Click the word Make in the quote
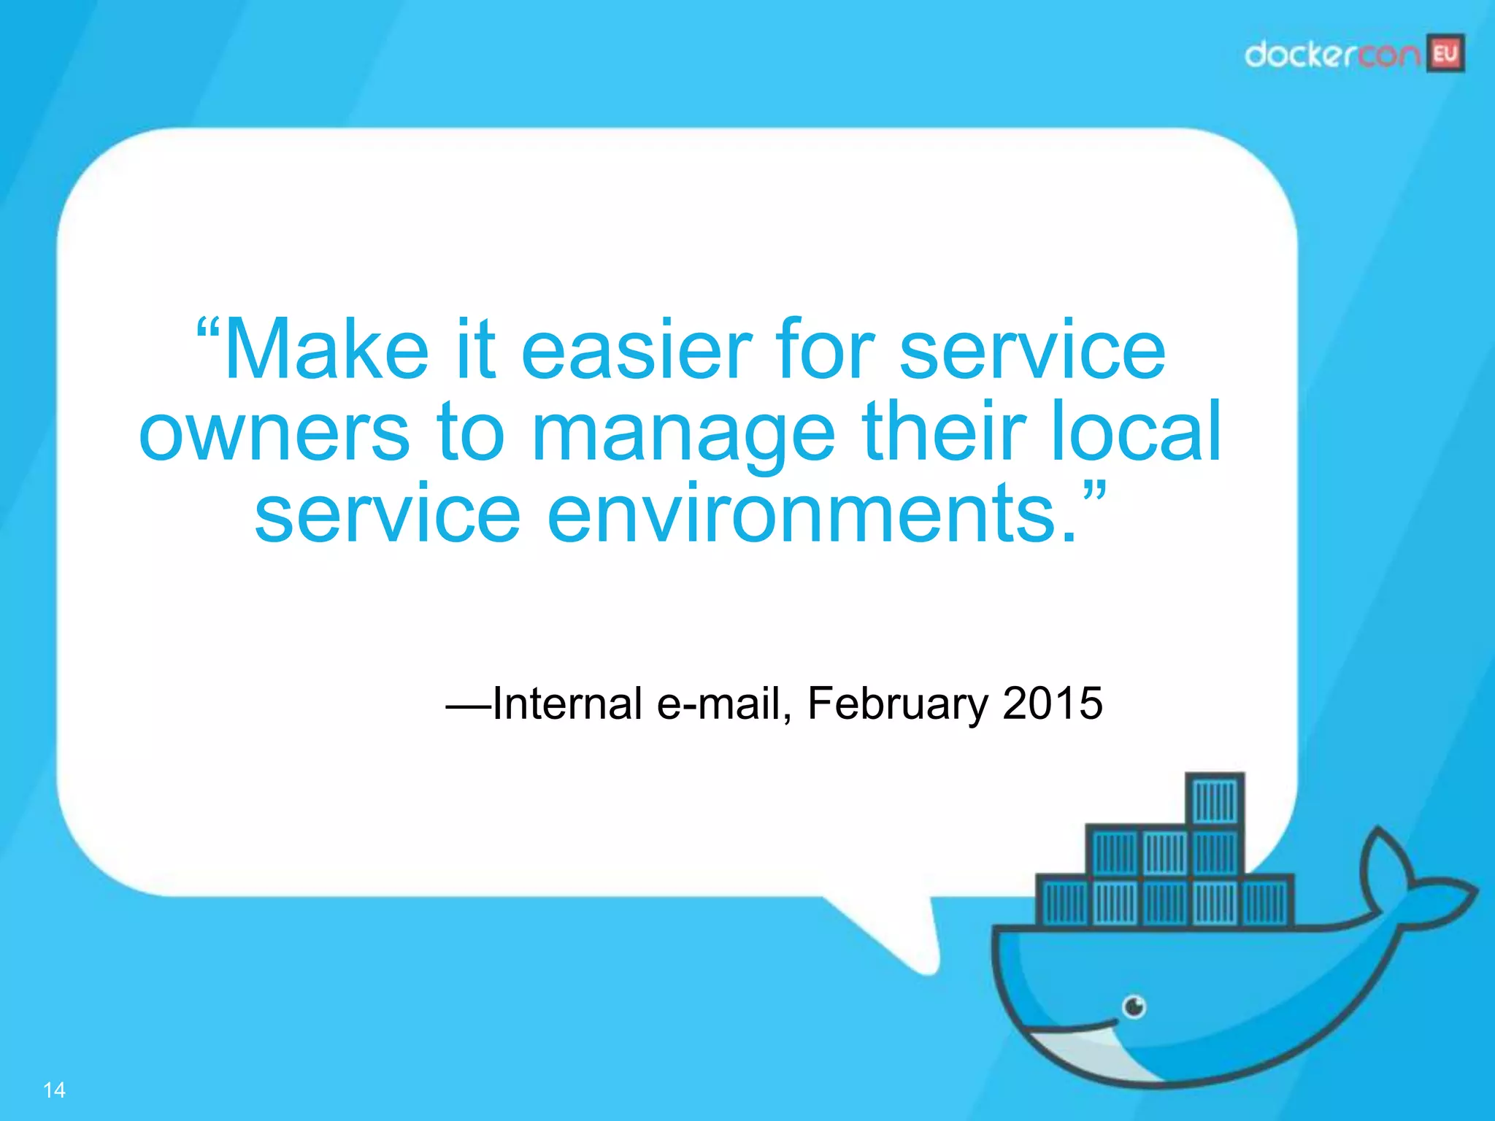click(x=326, y=350)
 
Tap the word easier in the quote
click(x=636, y=350)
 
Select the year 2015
click(x=1052, y=703)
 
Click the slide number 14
click(x=54, y=1090)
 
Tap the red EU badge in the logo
click(x=1445, y=53)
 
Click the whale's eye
click(x=1134, y=1007)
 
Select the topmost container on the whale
click(x=1215, y=798)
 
